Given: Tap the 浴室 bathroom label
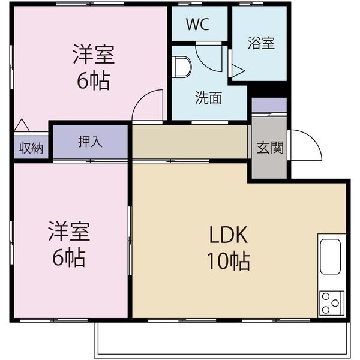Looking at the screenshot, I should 261,43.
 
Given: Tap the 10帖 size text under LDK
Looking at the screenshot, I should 229,261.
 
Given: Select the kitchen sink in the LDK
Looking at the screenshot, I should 331,257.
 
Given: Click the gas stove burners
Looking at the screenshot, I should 331,302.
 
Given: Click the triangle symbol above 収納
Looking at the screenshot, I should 22,125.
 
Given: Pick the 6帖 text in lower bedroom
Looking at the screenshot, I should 68,258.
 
